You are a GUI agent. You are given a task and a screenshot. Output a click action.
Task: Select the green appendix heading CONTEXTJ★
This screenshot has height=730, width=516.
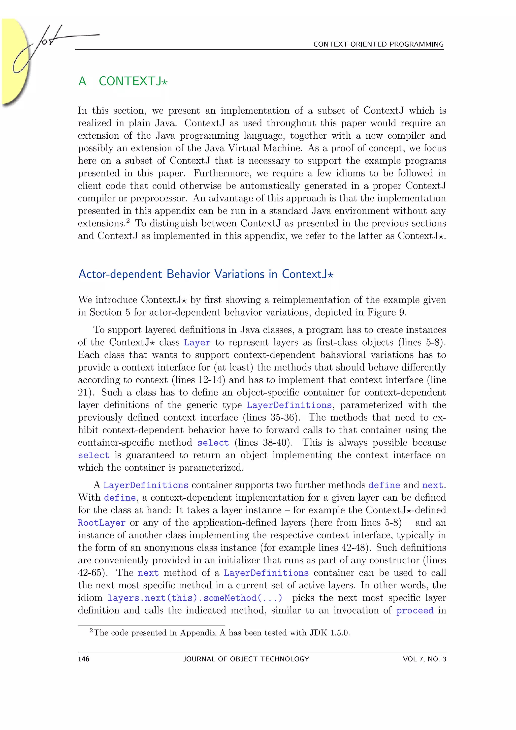pos(133,81)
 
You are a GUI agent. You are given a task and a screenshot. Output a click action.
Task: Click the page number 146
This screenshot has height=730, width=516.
pos(84,659)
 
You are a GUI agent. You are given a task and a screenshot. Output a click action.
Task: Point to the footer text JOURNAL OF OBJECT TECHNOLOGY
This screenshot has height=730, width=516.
pos(246,659)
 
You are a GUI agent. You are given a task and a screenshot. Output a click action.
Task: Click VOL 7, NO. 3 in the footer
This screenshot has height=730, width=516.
pos(424,659)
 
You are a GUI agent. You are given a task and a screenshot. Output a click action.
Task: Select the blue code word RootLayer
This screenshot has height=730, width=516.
pos(102,523)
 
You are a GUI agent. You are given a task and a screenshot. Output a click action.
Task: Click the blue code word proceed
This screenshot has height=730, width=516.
pos(415,611)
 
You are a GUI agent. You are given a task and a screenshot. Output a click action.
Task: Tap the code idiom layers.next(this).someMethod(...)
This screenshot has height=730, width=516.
pos(195,598)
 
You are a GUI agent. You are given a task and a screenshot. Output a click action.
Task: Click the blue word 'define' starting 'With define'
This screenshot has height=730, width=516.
pos(120,498)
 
